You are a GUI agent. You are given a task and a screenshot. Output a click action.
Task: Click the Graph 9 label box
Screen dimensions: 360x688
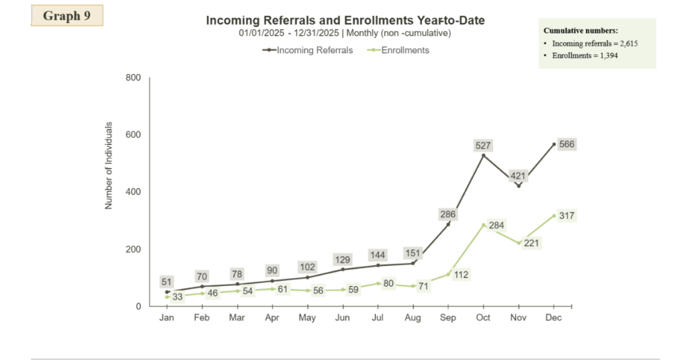pyautogui.click(x=67, y=16)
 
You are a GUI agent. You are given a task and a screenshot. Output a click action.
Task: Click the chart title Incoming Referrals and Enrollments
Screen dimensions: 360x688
pyautogui.click(x=345, y=21)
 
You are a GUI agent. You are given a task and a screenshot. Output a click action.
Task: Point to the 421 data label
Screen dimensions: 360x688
pyautogui.click(x=518, y=177)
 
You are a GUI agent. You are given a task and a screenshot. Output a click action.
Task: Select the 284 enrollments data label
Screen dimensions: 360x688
pyautogui.click(x=497, y=225)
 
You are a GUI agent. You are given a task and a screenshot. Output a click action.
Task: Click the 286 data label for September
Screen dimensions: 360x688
pyautogui.click(x=448, y=214)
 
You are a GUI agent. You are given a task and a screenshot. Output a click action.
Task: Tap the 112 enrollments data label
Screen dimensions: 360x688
pyautogui.click(x=461, y=274)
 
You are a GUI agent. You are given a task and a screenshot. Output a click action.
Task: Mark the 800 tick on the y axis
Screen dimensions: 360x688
pyautogui.click(x=133, y=78)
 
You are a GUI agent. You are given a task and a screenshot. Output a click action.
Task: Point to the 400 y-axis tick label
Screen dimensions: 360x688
pyautogui.click(x=133, y=192)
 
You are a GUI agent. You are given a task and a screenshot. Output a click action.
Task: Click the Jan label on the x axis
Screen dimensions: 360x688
pyautogui.click(x=167, y=318)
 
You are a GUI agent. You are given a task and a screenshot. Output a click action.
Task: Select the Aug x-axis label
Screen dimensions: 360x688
pyautogui.click(x=413, y=318)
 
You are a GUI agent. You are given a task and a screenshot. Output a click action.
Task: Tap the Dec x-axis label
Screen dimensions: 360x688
pyautogui.click(x=554, y=318)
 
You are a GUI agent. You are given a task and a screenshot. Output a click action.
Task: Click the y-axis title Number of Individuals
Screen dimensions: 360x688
pyautogui.click(x=109, y=165)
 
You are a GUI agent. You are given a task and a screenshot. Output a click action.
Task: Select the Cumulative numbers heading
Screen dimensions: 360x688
pyautogui.click(x=580, y=31)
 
